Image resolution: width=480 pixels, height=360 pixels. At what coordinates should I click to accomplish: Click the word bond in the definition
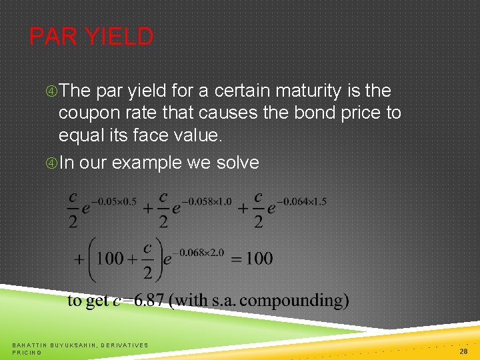[316, 113]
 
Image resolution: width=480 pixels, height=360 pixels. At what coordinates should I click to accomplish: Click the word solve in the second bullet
[238, 163]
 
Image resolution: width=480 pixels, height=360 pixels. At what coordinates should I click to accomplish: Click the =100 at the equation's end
[252, 259]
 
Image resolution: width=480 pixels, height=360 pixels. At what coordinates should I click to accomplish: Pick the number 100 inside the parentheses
[110, 259]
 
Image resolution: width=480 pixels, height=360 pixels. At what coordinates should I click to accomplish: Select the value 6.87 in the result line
[150, 301]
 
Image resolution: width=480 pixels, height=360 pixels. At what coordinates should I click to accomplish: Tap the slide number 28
[463, 351]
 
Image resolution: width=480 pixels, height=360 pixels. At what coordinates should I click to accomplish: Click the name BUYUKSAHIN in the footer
[73, 345]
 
